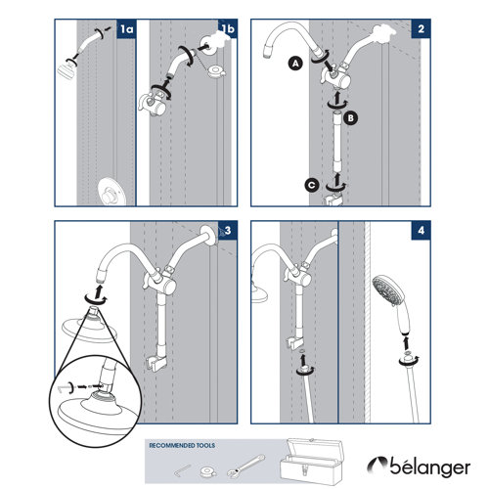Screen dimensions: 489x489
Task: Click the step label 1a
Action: tap(125, 31)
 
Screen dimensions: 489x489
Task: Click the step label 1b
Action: tap(229, 30)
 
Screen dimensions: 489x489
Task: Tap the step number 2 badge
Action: tap(420, 31)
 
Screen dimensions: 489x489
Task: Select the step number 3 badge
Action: tap(229, 231)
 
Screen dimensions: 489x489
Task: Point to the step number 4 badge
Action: tap(420, 231)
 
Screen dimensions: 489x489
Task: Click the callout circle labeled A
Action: tap(293, 63)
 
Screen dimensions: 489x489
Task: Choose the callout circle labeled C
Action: tap(310, 183)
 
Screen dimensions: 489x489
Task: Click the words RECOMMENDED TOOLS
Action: tap(180, 445)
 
